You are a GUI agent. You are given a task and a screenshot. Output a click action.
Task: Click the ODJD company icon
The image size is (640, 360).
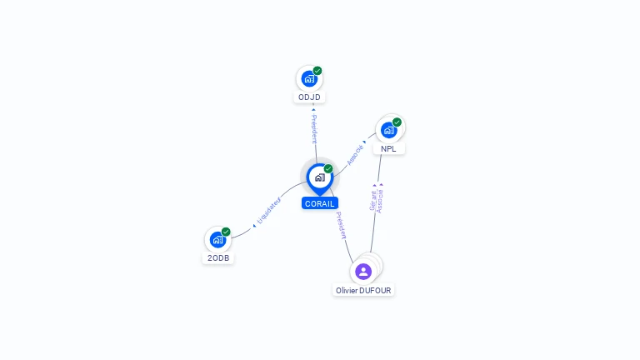(x=309, y=79)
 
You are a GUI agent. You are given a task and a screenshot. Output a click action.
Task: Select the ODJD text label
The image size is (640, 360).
(x=309, y=97)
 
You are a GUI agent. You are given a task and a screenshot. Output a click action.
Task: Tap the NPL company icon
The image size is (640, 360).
(x=388, y=130)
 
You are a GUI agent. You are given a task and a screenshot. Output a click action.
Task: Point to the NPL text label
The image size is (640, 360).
(x=388, y=149)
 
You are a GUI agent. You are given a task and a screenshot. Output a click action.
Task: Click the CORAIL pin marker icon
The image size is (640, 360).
(x=319, y=177)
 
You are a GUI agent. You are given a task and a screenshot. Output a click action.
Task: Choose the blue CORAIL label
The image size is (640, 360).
(x=320, y=203)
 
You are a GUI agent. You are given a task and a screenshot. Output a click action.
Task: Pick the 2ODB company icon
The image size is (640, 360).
(x=217, y=240)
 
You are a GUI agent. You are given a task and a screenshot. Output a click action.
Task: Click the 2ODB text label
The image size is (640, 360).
(x=217, y=258)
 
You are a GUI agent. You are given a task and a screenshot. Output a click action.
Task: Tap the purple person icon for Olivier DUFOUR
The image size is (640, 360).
(x=363, y=272)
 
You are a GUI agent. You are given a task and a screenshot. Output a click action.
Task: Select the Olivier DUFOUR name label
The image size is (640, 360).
(x=363, y=290)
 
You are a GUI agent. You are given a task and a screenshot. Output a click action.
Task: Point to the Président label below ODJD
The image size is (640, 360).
(x=314, y=129)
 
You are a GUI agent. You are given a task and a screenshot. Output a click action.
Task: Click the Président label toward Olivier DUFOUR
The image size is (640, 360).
(x=341, y=226)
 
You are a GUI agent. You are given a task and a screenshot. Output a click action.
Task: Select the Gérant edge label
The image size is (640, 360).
(x=372, y=201)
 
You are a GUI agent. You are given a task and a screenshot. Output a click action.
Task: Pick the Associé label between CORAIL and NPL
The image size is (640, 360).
(x=355, y=154)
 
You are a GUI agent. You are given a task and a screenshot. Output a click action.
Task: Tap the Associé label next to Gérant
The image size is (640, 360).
(x=381, y=201)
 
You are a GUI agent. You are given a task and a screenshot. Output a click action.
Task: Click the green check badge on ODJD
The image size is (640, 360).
(x=317, y=71)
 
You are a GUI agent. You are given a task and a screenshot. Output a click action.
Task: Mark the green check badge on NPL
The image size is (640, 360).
(x=397, y=122)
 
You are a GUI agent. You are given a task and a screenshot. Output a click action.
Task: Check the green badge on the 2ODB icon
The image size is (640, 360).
(x=226, y=232)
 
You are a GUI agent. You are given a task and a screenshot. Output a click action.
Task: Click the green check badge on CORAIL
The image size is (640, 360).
(x=328, y=169)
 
